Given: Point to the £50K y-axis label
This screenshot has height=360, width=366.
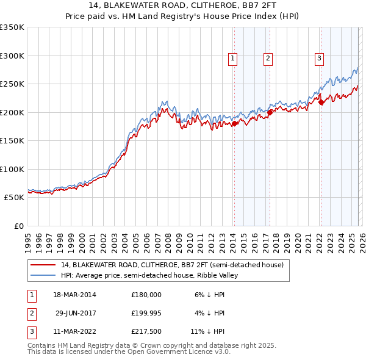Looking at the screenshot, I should coord(14,198).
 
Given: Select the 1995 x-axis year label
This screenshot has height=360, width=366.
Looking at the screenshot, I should coord(28,237).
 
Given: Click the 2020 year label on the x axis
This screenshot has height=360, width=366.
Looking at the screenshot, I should coord(298,237).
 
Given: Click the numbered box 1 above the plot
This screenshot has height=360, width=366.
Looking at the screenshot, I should coord(234,59).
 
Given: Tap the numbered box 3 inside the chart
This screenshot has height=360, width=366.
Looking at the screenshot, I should coord(319,59).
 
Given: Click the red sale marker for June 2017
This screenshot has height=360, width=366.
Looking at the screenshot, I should coord(269,113).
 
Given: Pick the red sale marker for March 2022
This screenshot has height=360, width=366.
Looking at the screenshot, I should coord(320,103).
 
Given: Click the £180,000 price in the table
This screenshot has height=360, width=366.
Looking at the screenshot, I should coord(146,294).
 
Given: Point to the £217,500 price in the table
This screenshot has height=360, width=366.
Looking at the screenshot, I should coord(146,332).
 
